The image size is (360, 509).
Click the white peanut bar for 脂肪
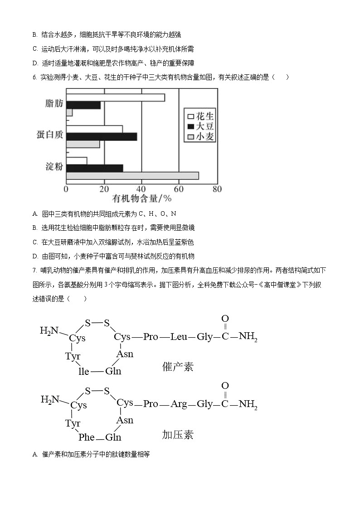[116, 97]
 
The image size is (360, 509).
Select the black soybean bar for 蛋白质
[102, 136]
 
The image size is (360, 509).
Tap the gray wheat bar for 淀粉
[132, 176]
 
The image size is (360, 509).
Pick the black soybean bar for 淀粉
[95, 168]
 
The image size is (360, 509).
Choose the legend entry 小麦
[199, 136]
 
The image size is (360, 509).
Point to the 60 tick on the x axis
[179, 189]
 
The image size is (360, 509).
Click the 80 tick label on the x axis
[217, 189]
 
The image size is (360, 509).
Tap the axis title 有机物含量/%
[142, 199]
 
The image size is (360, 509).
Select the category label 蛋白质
[49, 135]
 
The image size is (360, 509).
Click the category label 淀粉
[54, 166]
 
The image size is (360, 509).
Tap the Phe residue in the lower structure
[86, 437]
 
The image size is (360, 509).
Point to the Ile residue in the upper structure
[84, 371]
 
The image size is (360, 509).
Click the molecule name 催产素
[177, 367]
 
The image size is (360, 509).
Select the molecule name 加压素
[177, 435]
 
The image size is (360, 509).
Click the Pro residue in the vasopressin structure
[151, 404]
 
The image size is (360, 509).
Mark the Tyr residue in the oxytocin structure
[73, 356]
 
